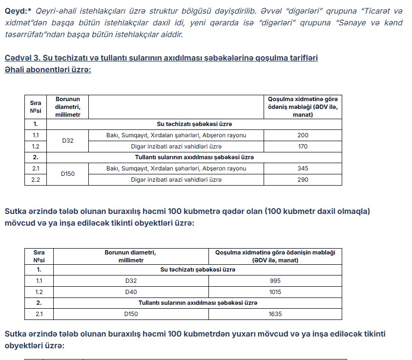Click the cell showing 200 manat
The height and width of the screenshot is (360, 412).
pos(303,135)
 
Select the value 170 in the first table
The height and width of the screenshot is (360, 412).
pos(303,146)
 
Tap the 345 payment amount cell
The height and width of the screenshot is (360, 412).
pos(303,169)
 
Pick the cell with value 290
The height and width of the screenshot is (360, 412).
pos(303,179)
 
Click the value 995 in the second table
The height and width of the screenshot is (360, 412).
pos(275,281)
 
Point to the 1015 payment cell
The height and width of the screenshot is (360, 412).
pos(275,292)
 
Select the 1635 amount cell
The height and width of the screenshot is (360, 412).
pos(275,314)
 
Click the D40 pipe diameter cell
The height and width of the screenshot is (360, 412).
pos(131,292)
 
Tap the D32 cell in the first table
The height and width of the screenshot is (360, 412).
pos(68,141)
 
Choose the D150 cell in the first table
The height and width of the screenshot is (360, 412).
pos(68,174)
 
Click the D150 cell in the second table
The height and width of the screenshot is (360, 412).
pos(131,314)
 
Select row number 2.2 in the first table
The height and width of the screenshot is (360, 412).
pos(36,179)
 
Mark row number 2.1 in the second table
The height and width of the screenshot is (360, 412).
pos(39,314)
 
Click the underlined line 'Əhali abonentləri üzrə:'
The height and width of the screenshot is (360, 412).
pos(48,70)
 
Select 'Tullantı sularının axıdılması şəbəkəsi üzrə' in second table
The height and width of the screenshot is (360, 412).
pos(198,303)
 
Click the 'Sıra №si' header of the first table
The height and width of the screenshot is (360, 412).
pos(36,106)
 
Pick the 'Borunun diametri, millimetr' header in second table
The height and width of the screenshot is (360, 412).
pos(131,256)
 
